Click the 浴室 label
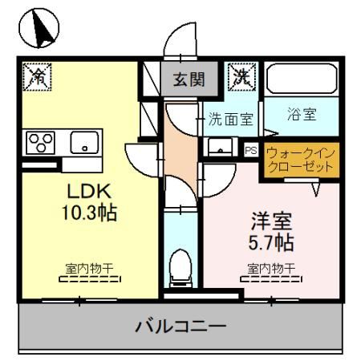tap(301, 114)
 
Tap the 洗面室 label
tap(231, 120)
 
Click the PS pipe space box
tap(250, 149)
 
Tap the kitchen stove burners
tap(38, 142)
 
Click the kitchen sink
tap(83, 143)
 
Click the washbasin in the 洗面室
tap(217, 147)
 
